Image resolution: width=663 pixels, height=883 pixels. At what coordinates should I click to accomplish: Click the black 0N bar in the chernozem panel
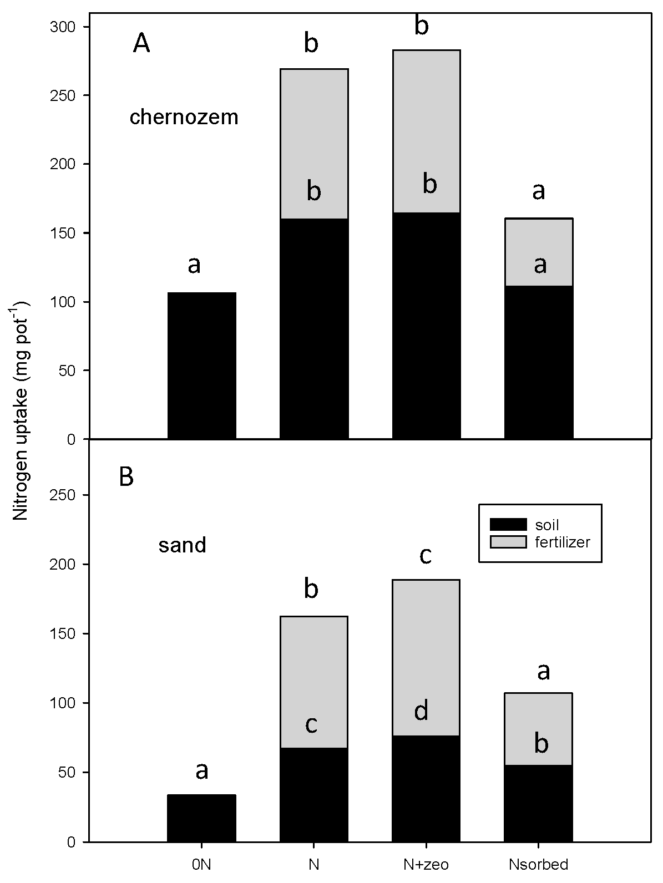tap(202, 366)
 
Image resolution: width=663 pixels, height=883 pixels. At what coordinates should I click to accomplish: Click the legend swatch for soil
tap(508, 524)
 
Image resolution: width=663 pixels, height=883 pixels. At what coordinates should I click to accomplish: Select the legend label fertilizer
tap(562, 542)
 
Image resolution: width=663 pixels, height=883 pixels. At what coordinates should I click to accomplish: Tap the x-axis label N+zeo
tap(426, 864)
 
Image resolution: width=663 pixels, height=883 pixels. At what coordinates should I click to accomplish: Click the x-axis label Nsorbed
tap(538, 864)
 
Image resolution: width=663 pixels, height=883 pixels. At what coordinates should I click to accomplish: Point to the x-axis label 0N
tap(202, 864)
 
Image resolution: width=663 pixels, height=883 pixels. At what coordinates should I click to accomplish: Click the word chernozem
tap(184, 118)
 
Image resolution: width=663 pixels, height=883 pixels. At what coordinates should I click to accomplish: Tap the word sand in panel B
tap(183, 545)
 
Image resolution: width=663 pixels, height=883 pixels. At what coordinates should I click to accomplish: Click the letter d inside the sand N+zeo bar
tap(422, 710)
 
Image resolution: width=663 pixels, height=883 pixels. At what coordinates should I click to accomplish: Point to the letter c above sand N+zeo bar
tap(426, 555)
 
